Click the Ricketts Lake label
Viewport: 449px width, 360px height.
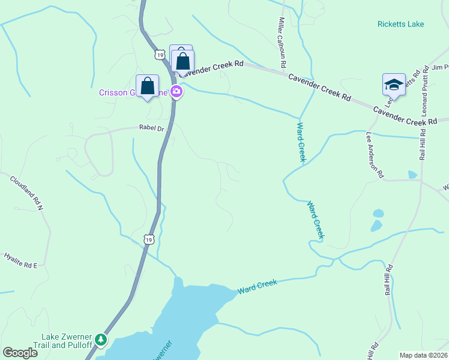click(400, 24)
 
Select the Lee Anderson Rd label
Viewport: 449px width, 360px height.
click(374, 155)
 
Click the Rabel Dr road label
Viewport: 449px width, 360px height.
click(151, 128)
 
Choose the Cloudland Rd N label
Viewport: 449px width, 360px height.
click(27, 193)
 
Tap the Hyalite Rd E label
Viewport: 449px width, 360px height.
click(20, 260)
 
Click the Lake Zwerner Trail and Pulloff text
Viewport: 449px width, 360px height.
click(67, 341)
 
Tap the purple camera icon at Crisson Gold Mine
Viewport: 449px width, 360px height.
click(176, 92)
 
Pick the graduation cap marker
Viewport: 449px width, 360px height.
click(393, 84)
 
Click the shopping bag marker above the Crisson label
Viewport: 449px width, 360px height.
click(147, 85)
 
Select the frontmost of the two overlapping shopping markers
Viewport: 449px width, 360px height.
click(183, 61)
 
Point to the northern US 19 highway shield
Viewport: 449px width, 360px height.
click(158, 55)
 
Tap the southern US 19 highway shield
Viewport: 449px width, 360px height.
click(149, 239)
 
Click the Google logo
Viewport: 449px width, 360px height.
click(20, 353)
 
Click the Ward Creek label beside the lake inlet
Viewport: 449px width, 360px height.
click(257, 287)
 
